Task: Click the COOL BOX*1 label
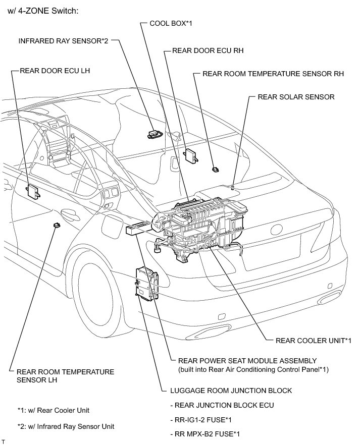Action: (x=171, y=24)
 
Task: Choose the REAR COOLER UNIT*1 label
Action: (x=313, y=341)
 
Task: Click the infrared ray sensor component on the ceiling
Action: (x=153, y=134)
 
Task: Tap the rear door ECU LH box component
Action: (x=33, y=190)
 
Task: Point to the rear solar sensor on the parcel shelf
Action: (x=232, y=186)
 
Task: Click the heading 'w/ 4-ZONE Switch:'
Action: (x=43, y=11)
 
